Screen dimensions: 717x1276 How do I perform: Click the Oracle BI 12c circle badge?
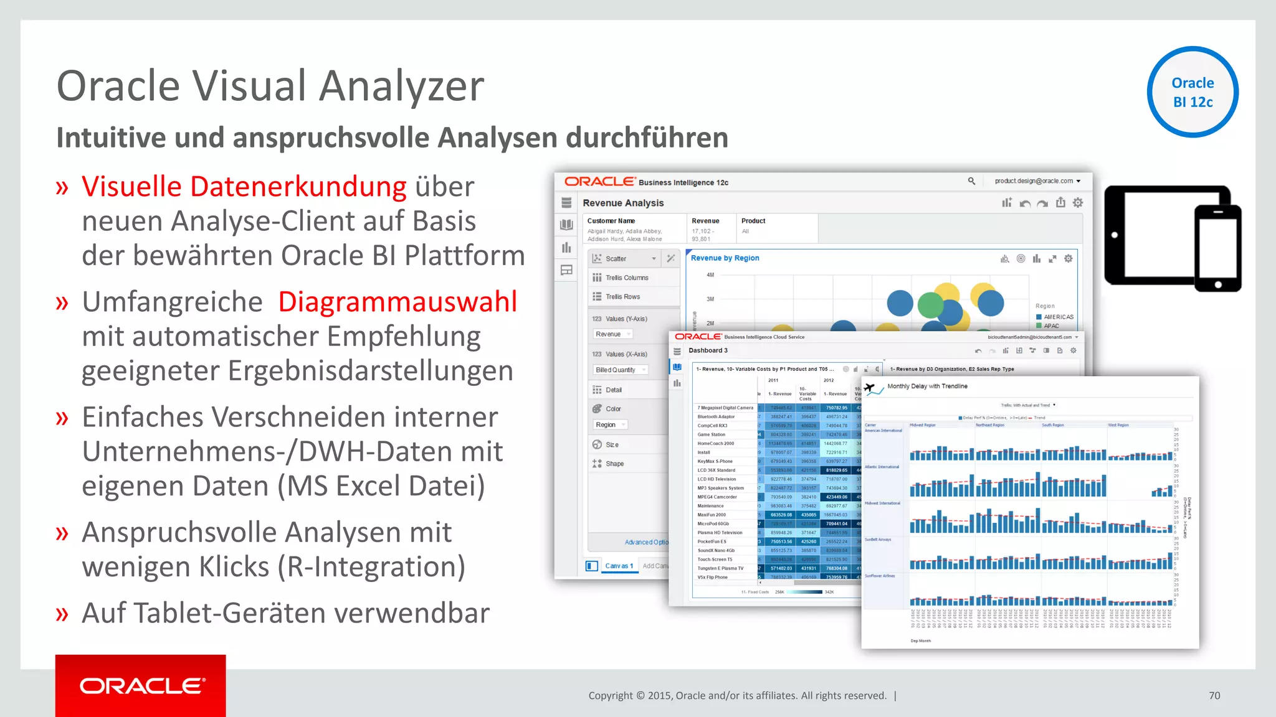click(1193, 92)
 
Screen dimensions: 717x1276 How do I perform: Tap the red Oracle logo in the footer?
click(141, 686)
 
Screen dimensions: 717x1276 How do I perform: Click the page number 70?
click(1214, 696)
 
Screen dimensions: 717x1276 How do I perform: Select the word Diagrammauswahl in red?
click(398, 302)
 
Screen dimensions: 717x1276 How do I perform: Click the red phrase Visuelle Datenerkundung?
click(244, 187)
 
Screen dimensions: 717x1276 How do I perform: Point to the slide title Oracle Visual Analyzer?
click(270, 86)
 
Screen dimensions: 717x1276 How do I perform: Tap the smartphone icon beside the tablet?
click(1217, 248)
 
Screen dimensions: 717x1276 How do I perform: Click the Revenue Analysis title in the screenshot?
click(623, 203)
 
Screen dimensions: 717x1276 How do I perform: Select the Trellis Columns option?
click(627, 278)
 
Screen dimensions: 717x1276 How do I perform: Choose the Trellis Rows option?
click(622, 297)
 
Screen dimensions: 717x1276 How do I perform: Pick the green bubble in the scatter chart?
click(931, 305)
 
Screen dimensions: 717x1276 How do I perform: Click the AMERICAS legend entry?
click(1058, 317)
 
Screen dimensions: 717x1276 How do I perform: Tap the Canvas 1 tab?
click(619, 566)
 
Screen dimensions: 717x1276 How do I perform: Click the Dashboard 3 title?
click(708, 350)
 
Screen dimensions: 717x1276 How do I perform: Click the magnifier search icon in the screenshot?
click(971, 181)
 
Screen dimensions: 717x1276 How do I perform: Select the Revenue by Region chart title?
click(725, 258)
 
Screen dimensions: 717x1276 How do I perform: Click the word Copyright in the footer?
click(610, 696)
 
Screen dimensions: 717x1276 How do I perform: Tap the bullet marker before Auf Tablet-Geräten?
click(62, 614)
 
